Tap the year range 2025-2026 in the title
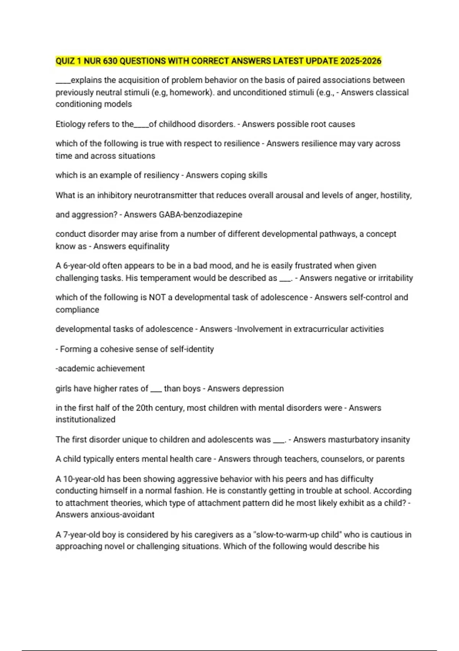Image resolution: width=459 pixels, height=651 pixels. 361,61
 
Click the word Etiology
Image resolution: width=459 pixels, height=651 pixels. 70,124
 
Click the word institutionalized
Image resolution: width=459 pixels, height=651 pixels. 85,419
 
